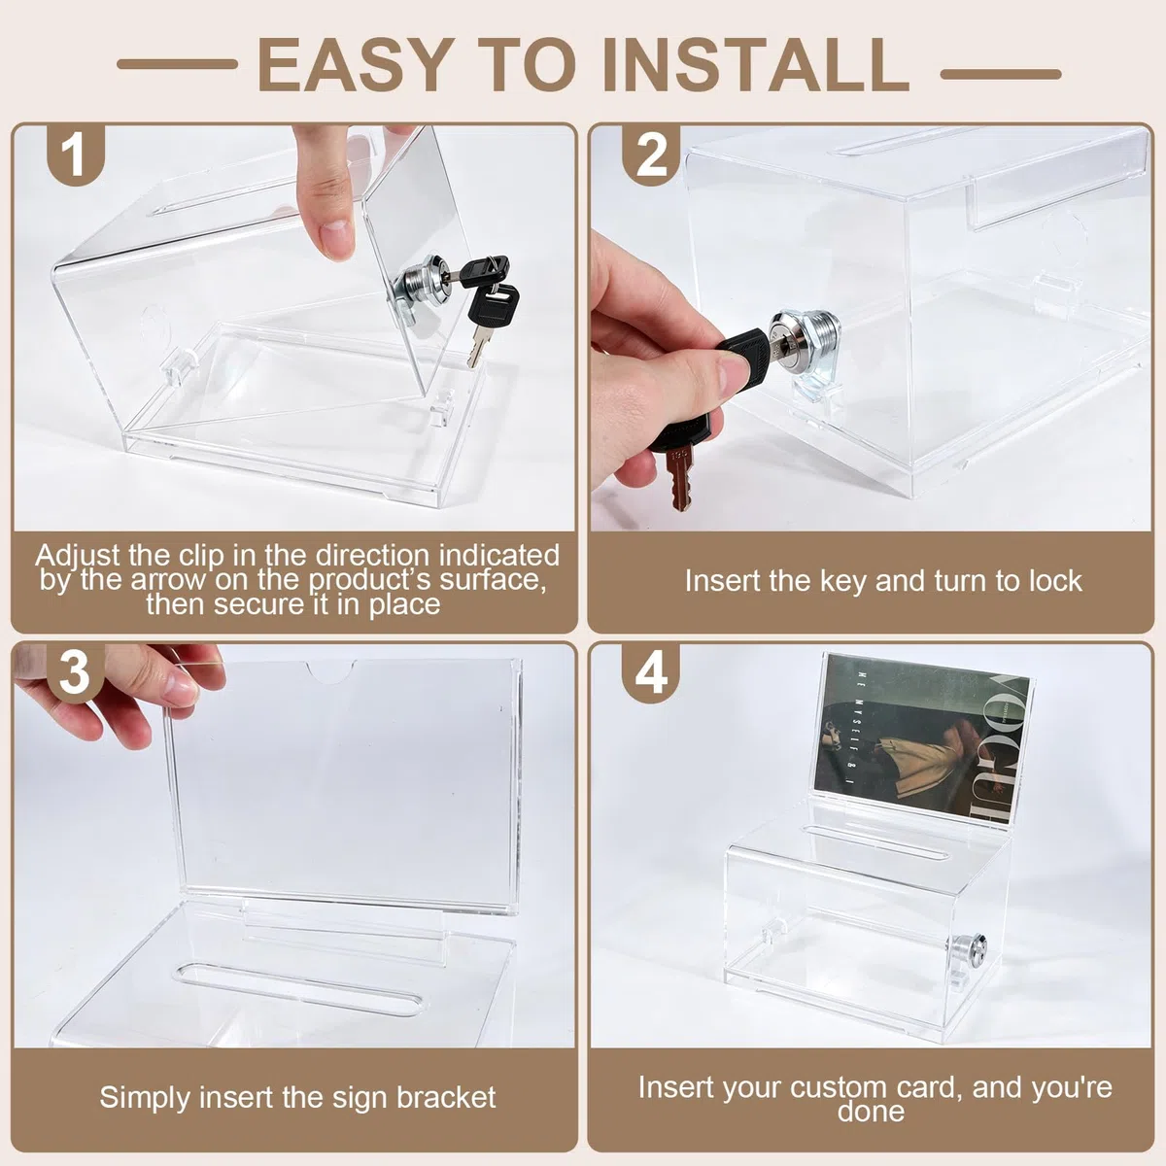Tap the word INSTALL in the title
click(x=756, y=65)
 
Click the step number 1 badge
click(x=76, y=154)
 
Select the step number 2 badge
click(x=651, y=154)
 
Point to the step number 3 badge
click(x=76, y=672)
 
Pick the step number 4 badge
click(x=651, y=672)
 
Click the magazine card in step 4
click(x=921, y=738)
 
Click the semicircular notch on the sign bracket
click(x=329, y=670)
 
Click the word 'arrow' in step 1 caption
click(x=168, y=580)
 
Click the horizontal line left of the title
click(x=177, y=64)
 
